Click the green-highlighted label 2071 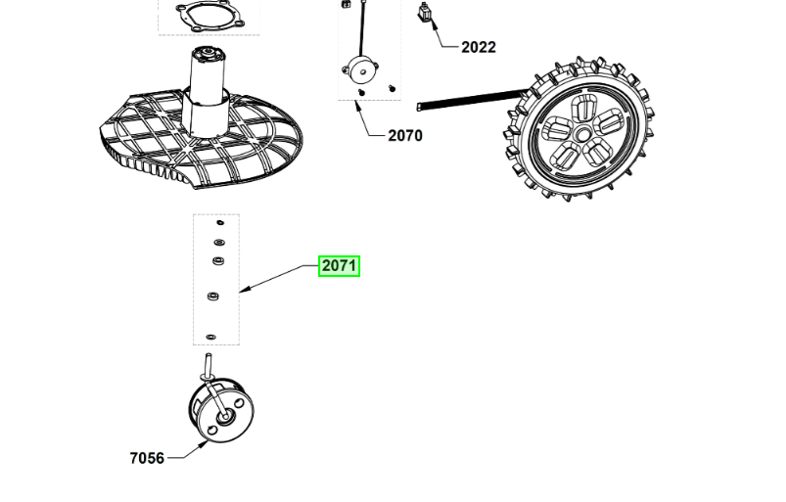(340, 265)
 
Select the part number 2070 (405, 135)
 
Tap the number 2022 (479, 47)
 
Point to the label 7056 (147, 458)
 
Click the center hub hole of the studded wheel (583, 134)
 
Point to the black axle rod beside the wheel (471, 99)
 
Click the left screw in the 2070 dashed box (361, 92)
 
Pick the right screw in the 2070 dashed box (392, 89)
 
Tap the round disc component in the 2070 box (360, 70)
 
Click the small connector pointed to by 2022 (425, 12)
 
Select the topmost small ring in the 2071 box (220, 222)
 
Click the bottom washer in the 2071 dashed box (211, 338)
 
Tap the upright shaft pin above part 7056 (208, 365)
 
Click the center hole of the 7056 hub (224, 417)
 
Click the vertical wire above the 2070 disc (362, 28)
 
